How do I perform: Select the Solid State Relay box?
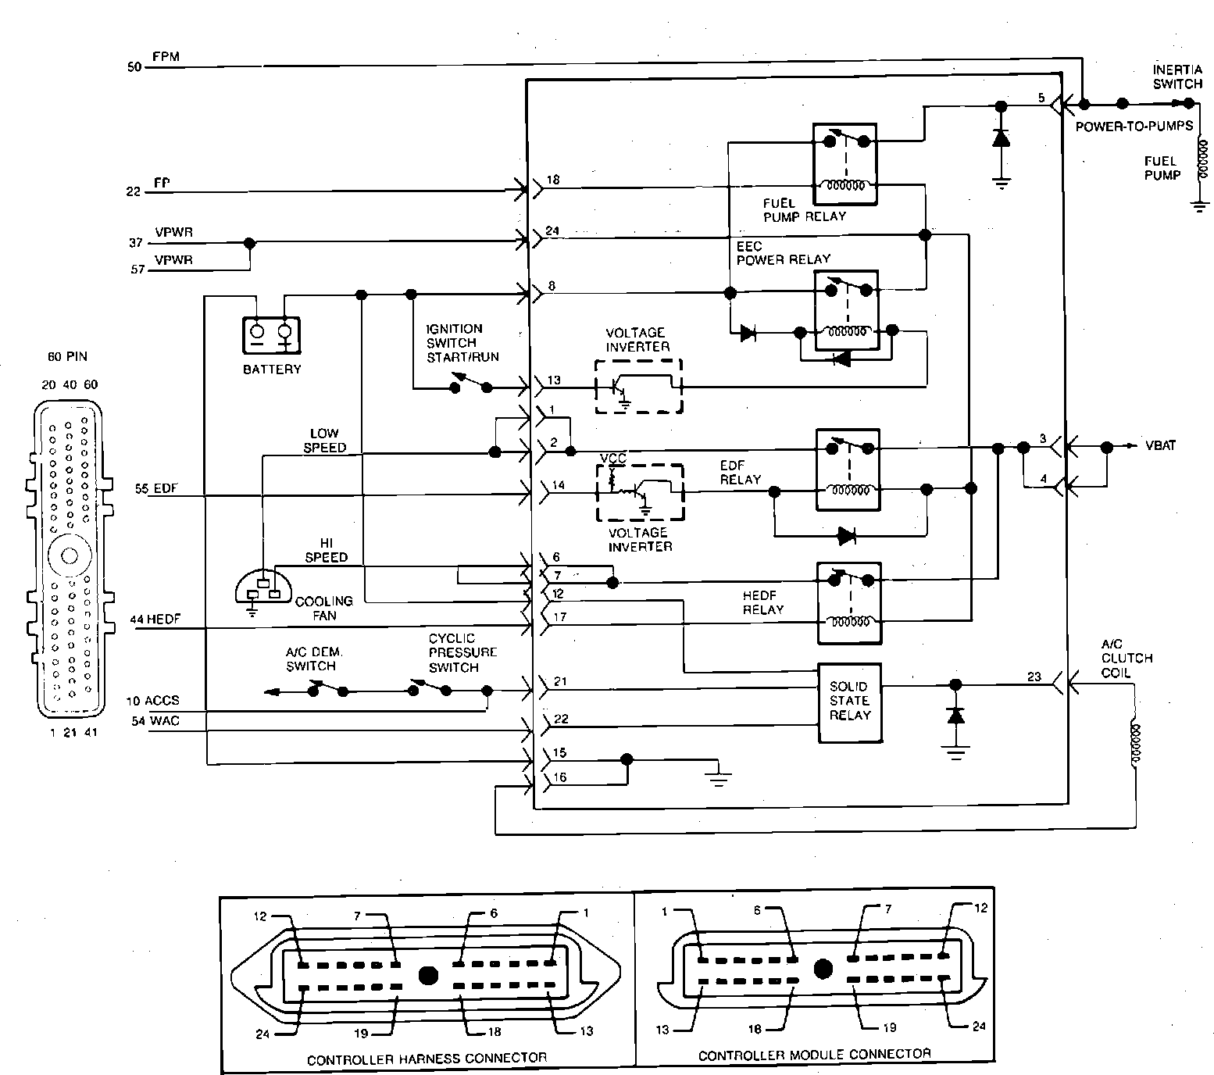(849, 702)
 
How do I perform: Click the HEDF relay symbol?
(848, 602)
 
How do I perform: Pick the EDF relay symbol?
(848, 469)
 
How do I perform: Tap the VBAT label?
(1161, 446)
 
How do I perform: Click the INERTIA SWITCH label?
(1177, 77)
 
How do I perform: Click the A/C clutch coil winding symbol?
(1135, 742)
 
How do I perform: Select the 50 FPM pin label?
(154, 62)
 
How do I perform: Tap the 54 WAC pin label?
(155, 720)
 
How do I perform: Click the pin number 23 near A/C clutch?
(1034, 677)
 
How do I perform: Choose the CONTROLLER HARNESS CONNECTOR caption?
(427, 1059)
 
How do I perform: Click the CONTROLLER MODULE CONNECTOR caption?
(815, 1055)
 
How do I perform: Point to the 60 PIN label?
(67, 356)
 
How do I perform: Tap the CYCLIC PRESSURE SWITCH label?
(462, 652)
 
